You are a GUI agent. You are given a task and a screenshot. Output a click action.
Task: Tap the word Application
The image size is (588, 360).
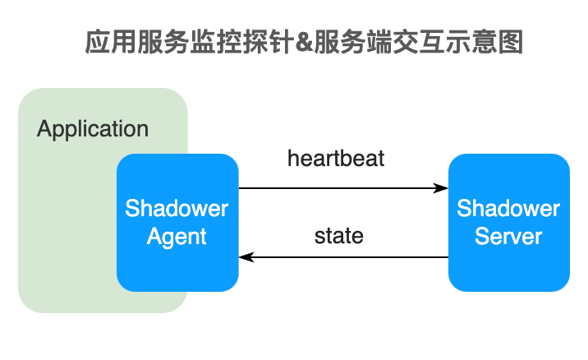[93, 129]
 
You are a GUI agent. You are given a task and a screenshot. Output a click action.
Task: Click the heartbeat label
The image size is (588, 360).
[336, 159]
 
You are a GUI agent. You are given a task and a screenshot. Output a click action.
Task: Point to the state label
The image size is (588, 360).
[338, 236]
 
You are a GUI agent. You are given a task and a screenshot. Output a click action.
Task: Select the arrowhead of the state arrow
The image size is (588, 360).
[245, 258]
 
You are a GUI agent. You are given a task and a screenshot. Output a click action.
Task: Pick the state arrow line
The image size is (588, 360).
[345, 258]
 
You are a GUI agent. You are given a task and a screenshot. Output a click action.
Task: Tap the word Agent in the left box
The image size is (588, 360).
[177, 237]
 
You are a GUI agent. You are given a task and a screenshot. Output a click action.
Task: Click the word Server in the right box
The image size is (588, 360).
[508, 237]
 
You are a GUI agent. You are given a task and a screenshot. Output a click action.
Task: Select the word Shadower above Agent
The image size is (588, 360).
[177, 208]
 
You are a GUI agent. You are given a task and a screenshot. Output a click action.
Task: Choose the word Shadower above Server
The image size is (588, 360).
[508, 208]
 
